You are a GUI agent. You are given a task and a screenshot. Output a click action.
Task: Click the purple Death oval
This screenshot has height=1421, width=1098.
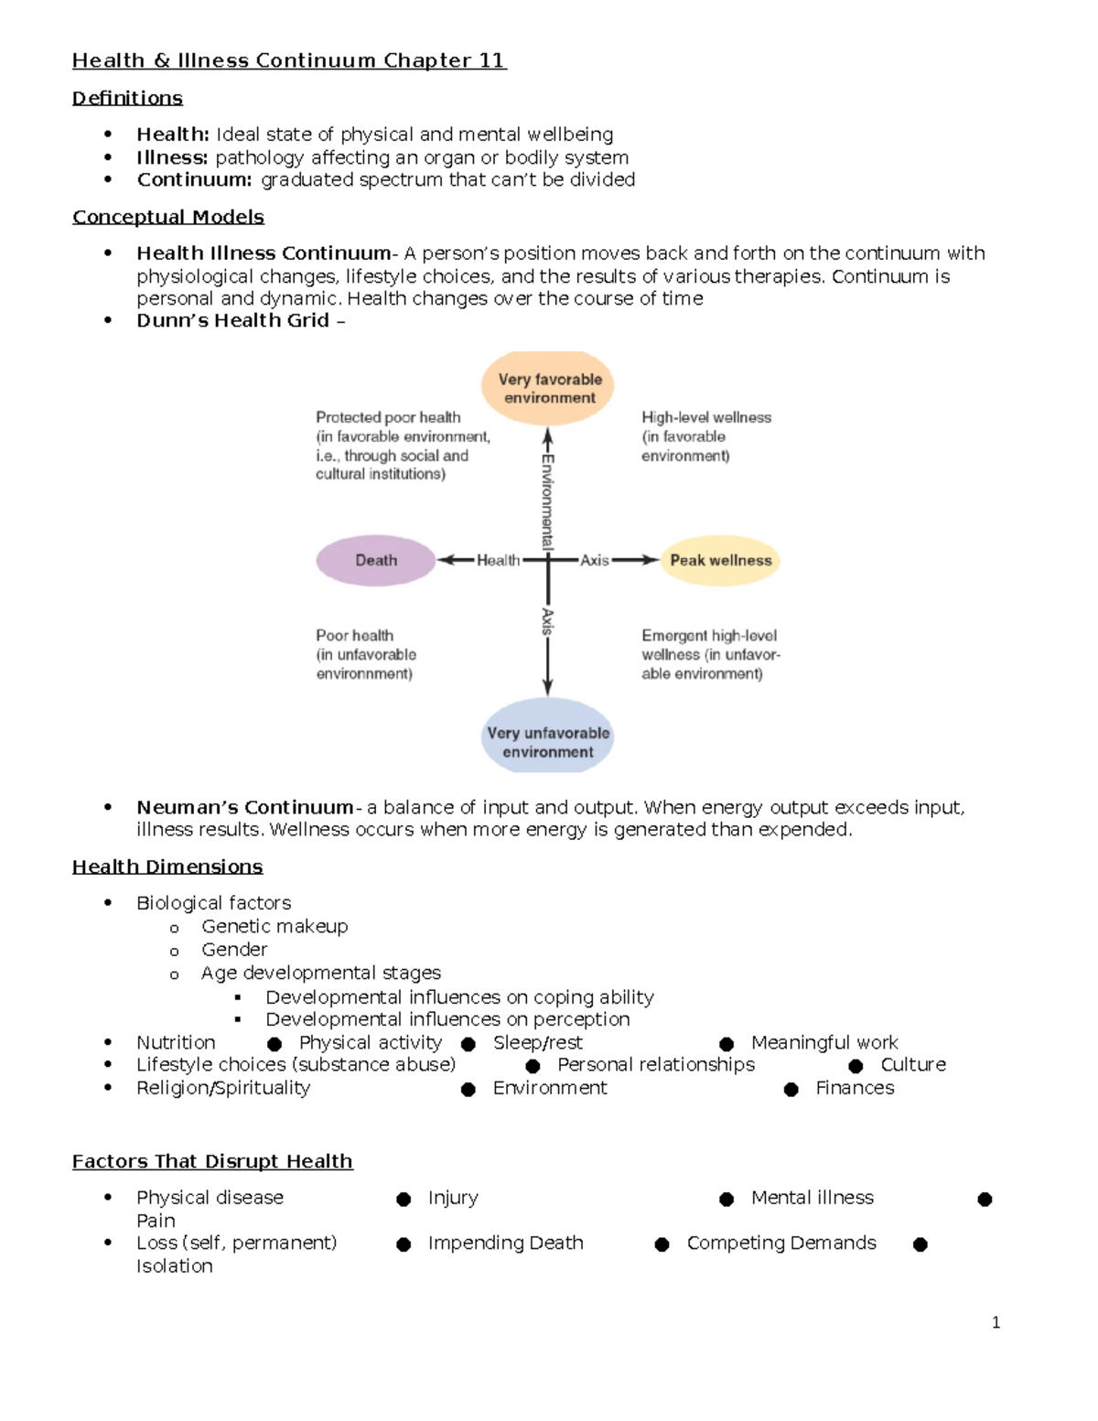pos(375,560)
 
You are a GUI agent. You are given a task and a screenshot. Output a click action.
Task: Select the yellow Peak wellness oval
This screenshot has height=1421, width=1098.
pos(720,560)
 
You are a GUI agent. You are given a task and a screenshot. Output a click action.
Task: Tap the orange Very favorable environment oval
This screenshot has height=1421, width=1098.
pos(549,388)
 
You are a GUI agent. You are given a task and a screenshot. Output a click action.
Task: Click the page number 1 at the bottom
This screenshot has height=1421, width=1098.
pos(996,1322)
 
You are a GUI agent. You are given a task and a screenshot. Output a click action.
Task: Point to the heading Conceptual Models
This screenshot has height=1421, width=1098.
pos(167,217)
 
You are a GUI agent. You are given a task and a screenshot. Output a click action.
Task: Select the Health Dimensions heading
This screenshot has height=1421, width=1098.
pos(167,867)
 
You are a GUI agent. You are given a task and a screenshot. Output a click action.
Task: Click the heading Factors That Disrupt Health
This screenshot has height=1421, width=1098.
pos(212,1161)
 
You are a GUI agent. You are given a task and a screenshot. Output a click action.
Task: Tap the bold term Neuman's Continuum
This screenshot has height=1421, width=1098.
pos(244,807)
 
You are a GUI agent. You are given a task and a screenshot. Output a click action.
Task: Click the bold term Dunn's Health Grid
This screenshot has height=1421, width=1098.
pos(232,320)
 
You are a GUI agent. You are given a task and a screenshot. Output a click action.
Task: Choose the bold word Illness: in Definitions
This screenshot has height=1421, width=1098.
pos(172,157)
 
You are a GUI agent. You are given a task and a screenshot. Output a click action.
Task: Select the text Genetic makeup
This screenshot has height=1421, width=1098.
pos(274,926)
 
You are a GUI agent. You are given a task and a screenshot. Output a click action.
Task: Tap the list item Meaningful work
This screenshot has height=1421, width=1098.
pos(824,1042)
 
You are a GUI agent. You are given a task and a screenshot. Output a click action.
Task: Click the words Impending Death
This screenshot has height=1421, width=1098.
pos(505,1243)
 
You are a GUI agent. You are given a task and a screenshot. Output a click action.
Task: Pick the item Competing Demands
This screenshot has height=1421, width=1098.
pos(781,1243)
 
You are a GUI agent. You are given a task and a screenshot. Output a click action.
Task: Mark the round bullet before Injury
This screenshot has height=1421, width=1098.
pos(404,1200)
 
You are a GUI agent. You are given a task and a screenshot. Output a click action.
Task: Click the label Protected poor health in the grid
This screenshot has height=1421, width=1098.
pos(388,417)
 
